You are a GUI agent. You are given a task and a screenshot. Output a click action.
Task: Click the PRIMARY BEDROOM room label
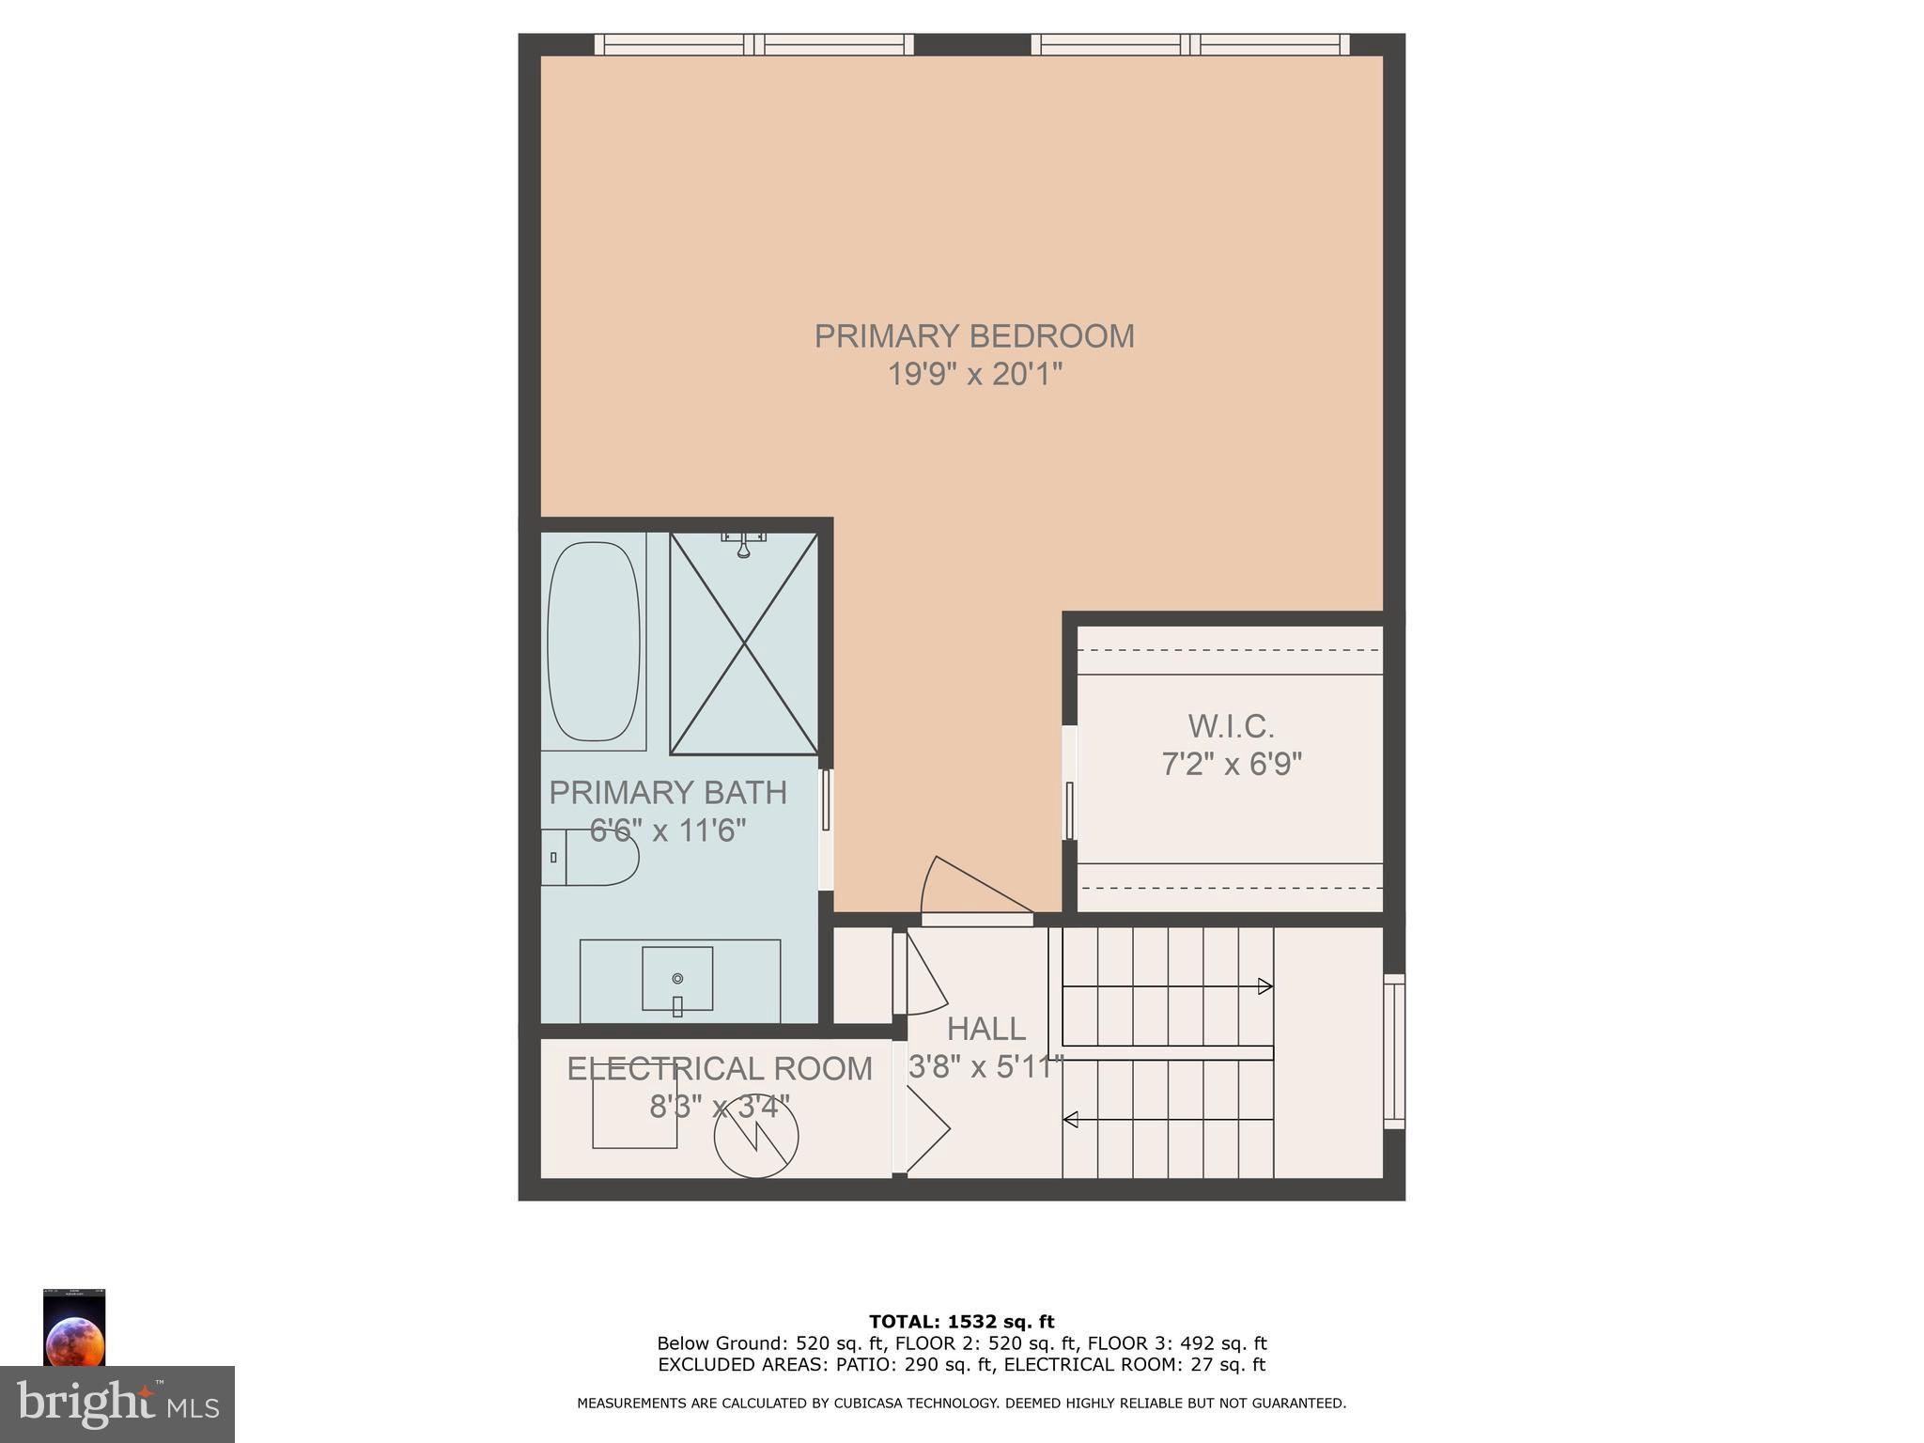(x=974, y=335)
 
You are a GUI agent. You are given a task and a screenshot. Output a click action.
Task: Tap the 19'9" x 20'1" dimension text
(x=974, y=375)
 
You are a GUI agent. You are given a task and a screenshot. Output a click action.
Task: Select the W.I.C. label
(x=1231, y=726)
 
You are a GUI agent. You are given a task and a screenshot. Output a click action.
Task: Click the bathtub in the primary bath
(x=594, y=641)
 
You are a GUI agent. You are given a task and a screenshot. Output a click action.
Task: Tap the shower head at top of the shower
(x=743, y=543)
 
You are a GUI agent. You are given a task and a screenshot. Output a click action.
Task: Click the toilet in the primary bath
(x=590, y=857)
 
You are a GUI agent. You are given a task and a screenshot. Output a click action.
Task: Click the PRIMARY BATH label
(x=668, y=792)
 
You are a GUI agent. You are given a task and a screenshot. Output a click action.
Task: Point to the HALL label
(x=985, y=1030)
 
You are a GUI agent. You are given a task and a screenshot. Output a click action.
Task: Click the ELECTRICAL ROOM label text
(x=720, y=1069)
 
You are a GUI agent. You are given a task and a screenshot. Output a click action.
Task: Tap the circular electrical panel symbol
(x=756, y=1136)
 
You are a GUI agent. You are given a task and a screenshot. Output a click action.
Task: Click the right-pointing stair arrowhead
(x=1265, y=986)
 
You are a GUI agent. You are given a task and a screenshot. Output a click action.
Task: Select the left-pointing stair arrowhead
(x=1070, y=1120)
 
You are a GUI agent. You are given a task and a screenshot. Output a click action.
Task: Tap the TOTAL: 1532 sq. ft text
(x=962, y=1323)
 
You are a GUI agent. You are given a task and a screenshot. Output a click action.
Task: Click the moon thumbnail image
(x=74, y=1327)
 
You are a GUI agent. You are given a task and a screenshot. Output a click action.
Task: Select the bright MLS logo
(x=117, y=1404)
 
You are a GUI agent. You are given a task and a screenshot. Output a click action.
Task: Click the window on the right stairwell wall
(x=1394, y=1051)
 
